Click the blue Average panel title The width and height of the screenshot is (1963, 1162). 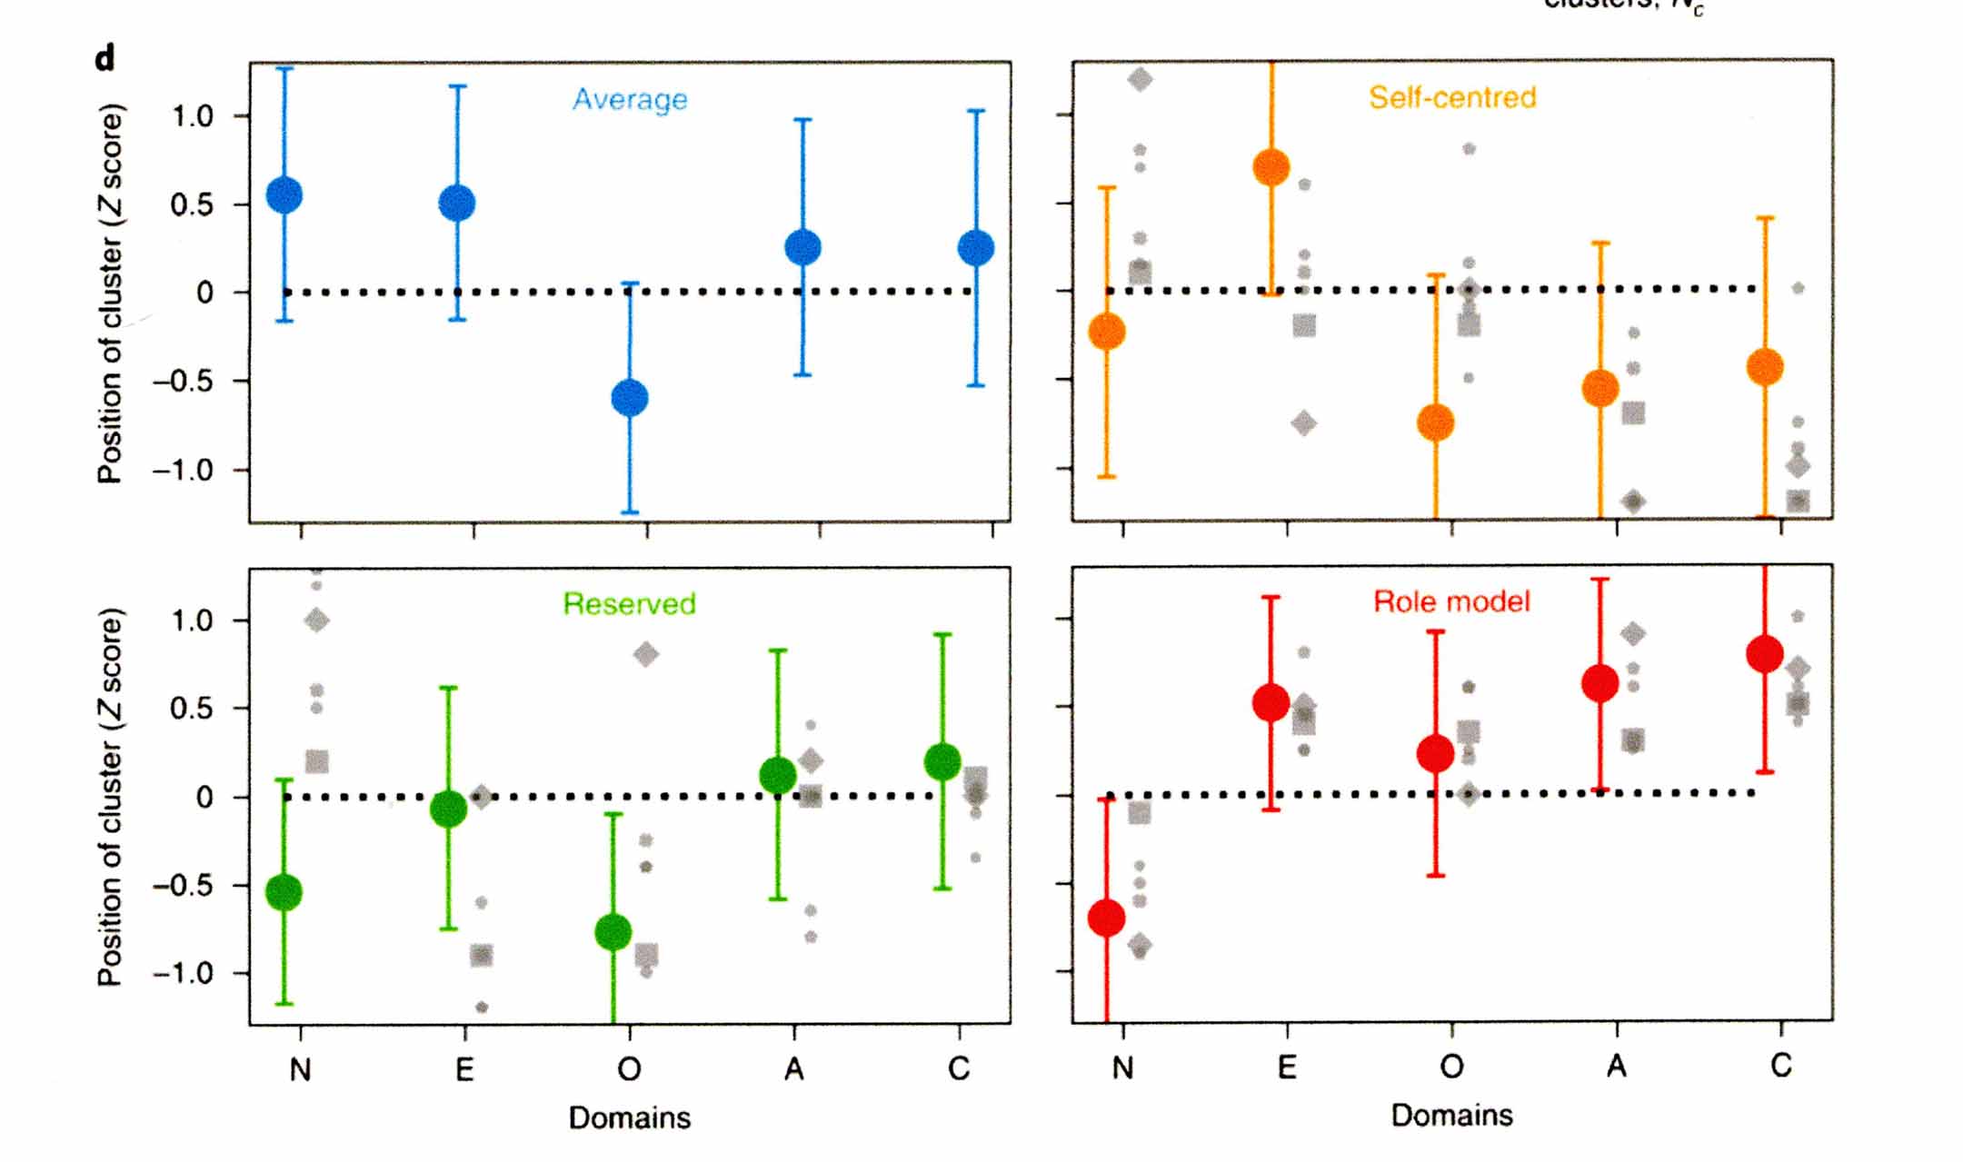pos(630,99)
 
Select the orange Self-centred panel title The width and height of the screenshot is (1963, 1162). pos(1452,97)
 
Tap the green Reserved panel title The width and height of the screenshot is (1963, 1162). pos(629,603)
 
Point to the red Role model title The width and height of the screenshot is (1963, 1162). pos(1451,601)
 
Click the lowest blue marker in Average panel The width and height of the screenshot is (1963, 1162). pos(630,398)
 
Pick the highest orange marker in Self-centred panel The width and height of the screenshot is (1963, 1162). pos(1271,167)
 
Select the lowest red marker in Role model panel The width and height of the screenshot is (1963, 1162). pos(1107,919)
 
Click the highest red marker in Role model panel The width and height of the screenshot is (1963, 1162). pos(1765,653)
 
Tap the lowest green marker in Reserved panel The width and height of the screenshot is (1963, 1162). pos(613,932)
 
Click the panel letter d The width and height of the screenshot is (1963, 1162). pos(105,59)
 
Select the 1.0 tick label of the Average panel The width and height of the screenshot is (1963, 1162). pos(192,116)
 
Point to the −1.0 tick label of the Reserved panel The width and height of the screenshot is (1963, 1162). pos(182,973)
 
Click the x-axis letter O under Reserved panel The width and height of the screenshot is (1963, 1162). pos(629,1069)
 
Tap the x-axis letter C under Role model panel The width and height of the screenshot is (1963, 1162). pos(1781,1065)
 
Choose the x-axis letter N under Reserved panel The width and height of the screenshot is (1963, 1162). pos(301,1070)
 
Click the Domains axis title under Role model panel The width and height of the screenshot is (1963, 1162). pos(1451,1115)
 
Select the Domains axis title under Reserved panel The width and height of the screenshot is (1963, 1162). pos(629,1117)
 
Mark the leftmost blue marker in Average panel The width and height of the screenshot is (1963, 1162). pos(284,195)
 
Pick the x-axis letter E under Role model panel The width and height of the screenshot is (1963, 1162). pos(1287,1067)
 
